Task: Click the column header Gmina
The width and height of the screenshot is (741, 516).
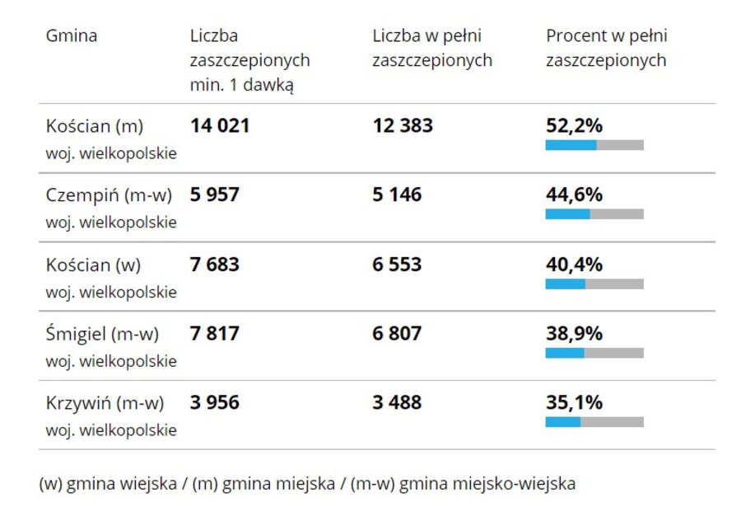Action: (72, 36)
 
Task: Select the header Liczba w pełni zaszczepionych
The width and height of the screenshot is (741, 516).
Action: (432, 48)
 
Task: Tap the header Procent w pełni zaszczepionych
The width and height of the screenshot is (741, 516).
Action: (607, 48)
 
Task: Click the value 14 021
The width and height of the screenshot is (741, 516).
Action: (220, 126)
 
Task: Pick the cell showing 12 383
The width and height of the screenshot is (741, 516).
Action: (403, 126)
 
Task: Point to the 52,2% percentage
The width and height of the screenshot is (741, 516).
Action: (575, 126)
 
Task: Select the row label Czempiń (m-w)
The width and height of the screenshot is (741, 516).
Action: (109, 195)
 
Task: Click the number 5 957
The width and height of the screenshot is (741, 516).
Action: (215, 195)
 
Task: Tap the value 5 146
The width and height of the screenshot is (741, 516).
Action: (397, 195)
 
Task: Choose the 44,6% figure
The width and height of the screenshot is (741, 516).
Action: (575, 195)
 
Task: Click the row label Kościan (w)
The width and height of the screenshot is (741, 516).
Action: (93, 265)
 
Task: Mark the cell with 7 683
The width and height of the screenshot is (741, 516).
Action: (215, 265)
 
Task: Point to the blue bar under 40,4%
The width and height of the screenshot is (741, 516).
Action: (566, 284)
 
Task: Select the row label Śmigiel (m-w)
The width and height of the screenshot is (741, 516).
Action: (102, 334)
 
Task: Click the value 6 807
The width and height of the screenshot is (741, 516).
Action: (397, 334)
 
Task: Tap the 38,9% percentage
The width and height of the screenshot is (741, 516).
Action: (575, 334)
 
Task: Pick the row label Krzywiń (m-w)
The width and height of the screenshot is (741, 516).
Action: (105, 403)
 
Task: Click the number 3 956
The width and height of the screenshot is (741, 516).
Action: (215, 403)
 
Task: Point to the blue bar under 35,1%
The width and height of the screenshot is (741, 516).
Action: (563, 422)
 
